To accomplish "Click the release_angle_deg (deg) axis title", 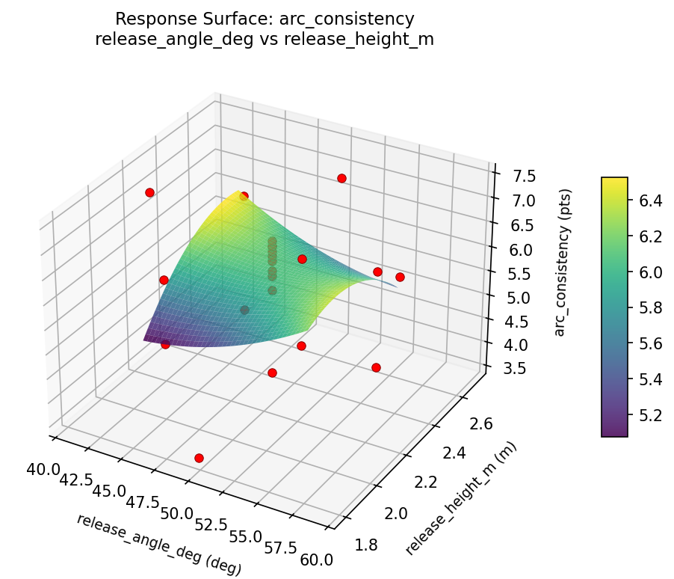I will pyautogui.click(x=158, y=544).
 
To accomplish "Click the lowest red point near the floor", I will pyautogui.click(x=199, y=458).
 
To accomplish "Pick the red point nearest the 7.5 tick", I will pyautogui.click(x=341, y=178).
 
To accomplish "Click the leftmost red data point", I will pyautogui.click(x=149, y=192).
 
